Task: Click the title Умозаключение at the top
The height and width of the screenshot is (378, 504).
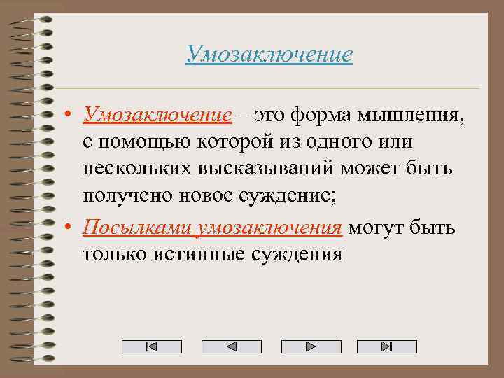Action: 269,54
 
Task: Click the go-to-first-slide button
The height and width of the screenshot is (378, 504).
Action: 151,346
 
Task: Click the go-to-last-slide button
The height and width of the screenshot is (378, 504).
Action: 386,346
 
